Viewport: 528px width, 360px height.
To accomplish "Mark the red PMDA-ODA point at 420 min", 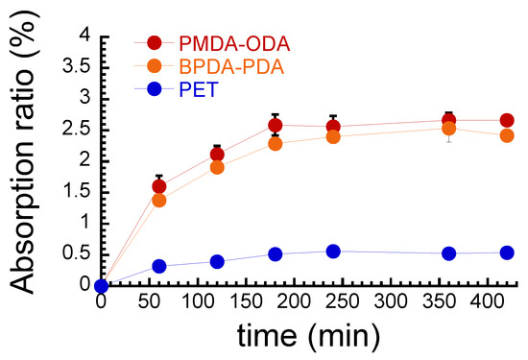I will [x=506, y=121].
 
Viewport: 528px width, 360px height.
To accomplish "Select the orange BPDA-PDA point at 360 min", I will [x=448, y=128].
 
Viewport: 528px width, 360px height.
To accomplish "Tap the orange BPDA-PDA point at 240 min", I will [x=332, y=136].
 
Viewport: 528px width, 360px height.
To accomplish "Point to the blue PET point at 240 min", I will [x=332, y=252].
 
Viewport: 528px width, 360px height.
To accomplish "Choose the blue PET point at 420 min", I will [x=506, y=252].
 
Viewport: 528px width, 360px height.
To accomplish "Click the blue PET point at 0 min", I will [x=102, y=285].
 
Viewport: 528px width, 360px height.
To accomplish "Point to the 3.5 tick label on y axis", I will [x=75, y=66].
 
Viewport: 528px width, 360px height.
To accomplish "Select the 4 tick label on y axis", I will [x=85, y=36].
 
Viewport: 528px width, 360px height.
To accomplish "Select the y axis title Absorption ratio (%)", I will [x=27, y=159].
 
